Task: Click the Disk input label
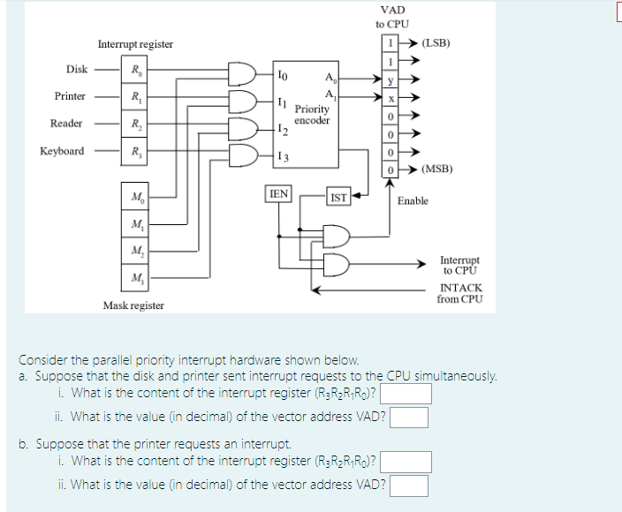click(x=76, y=69)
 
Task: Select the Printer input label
click(x=70, y=96)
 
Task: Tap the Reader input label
click(x=67, y=124)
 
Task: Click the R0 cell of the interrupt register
click(x=135, y=70)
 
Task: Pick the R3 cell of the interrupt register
click(x=135, y=152)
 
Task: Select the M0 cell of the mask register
click(x=135, y=196)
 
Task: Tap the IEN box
click(x=278, y=194)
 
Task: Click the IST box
click(x=338, y=199)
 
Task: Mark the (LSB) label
click(x=437, y=42)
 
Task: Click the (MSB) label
click(x=437, y=168)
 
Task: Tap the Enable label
click(x=413, y=201)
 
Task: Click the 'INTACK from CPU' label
click(x=460, y=294)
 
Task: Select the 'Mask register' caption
click(x=133, y=305)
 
